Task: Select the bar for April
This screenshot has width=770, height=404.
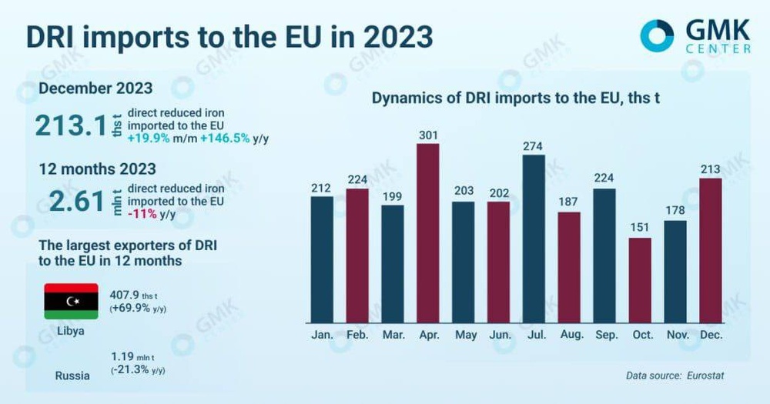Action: [428, 233]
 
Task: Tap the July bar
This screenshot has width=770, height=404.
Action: [533, 239]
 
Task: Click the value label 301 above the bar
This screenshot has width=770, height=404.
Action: [428, 135]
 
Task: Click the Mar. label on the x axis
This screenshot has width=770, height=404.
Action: [393, 336]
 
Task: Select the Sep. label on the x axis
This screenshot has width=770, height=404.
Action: [604, 336]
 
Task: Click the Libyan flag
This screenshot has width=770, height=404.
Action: [71, 301]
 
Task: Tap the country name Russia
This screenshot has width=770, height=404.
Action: [72, 376]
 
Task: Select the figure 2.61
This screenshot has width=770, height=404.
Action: [75, 201]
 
